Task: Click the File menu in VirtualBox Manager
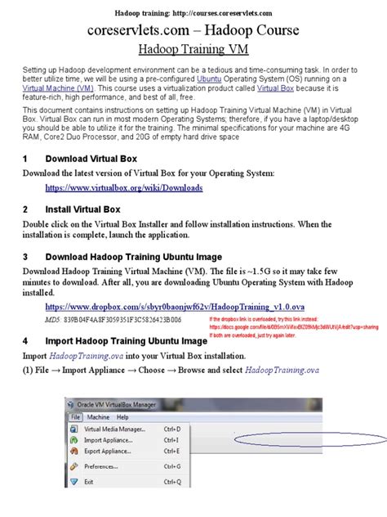pyautogui.click(x=75, y=416)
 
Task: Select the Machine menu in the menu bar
pyautogui.click(x=98, y=416)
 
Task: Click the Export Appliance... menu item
pyautogui.click(x=109, y=450)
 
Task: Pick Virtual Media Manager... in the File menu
pyautogui.click(x=114, y=429)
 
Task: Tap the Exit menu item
pyautogui.click(x=88, y=482)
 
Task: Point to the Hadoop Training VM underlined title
pyautogui.click(x=193, y=49)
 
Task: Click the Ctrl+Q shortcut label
pyautogui.click(x=172, y=482)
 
